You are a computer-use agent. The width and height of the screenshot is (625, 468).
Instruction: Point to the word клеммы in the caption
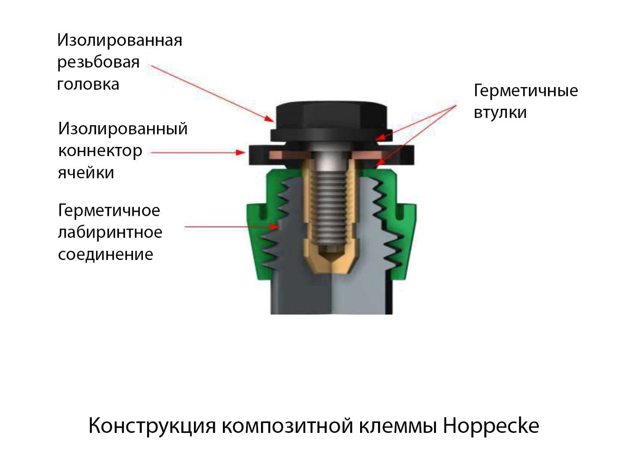[x=398, y=426]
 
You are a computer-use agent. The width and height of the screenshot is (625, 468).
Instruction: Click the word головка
[x=88, y=84]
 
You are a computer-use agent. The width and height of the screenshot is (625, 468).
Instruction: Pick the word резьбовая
[x=98, y=62]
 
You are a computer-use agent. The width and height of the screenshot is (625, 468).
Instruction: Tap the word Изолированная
[x=119, y=40]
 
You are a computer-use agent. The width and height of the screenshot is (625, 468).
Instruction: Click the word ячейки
[x=86, y=172]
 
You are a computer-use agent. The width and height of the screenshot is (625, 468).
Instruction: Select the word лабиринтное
[x=110, y=233]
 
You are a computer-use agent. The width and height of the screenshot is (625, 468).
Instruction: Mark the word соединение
[x=106, y=254]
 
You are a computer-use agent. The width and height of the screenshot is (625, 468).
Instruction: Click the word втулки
[x=500, y=113]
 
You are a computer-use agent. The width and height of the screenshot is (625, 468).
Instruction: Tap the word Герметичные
[x=525, y=91]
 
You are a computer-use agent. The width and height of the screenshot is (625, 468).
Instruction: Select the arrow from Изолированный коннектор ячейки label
[x=198, y=153]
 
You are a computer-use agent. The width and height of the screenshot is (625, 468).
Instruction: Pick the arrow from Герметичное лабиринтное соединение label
[x=232, y=227]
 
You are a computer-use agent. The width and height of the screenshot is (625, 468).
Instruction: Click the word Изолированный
[x=123, y=129]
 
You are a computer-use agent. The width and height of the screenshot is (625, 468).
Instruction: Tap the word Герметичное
[x=109, y=210]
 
